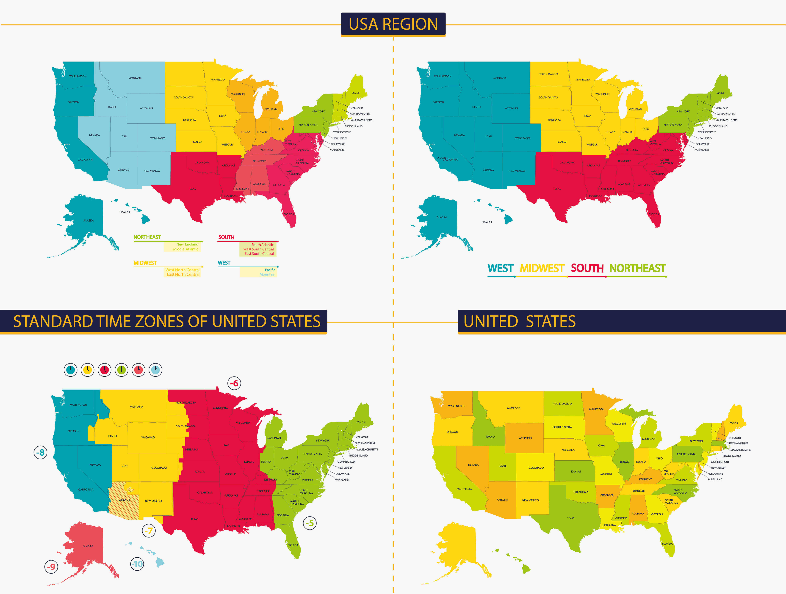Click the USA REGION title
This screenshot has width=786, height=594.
[393, 24]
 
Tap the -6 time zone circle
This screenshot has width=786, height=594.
[234, 383]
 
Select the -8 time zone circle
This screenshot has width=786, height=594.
[41, 453]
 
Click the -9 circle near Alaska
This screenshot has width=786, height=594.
[52, 567]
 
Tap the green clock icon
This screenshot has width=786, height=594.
[122, 370]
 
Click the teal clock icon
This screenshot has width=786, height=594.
[71, 370]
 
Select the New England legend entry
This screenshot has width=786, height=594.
[187, 244]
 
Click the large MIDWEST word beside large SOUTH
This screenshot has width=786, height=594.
[542, 268]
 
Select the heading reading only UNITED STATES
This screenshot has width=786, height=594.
[520, 322]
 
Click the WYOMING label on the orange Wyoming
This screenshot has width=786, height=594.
[525, 438]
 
